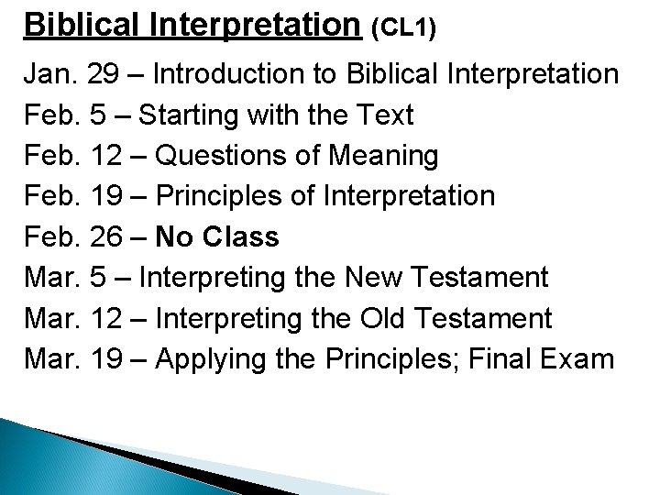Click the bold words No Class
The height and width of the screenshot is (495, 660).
[217, 237]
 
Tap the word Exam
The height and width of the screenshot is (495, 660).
[579, 359]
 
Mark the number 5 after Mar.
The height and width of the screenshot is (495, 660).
[99, 278]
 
